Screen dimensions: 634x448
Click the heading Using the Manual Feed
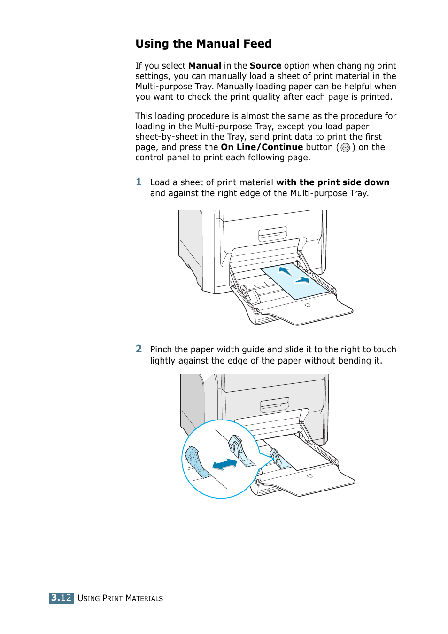click(203, 44)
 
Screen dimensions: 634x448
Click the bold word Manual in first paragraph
click(204, 66)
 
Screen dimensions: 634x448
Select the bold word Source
click(265, 66)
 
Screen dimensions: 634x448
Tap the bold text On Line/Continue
click(262, 147)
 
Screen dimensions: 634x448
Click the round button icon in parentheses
click(345, 148)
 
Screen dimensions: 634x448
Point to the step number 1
click(139, 182)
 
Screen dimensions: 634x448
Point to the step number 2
click(139, 349)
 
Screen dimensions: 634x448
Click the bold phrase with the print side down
click(332, 182)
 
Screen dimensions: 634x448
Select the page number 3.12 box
click(61, 598)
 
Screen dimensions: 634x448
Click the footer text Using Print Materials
click(120, 598)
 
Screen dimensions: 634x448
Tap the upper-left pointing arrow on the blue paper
click(285, 271)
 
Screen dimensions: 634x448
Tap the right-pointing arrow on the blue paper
click(302, 280)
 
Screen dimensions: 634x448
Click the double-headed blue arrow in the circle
click(224, 464)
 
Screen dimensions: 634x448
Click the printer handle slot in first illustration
click(273, 233)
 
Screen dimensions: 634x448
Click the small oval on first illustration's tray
click(308, 305)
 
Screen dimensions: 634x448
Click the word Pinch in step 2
click(161, 349)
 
